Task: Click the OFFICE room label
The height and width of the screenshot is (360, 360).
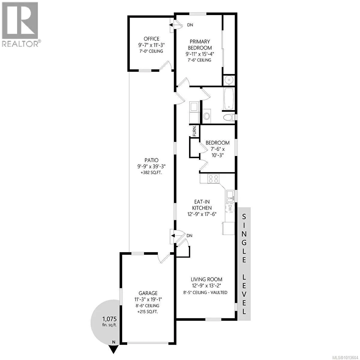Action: [151, 39]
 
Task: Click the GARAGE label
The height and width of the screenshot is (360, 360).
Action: [148, 293]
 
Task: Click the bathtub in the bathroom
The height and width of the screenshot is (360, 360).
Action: [229, 99]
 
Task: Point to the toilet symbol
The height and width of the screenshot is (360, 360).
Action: [229, 117]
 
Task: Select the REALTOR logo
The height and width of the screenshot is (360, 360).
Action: [20, 24]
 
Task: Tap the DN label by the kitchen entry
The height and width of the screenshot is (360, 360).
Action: [189, 236]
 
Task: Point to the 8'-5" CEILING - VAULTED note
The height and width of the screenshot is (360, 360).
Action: [205, 292]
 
